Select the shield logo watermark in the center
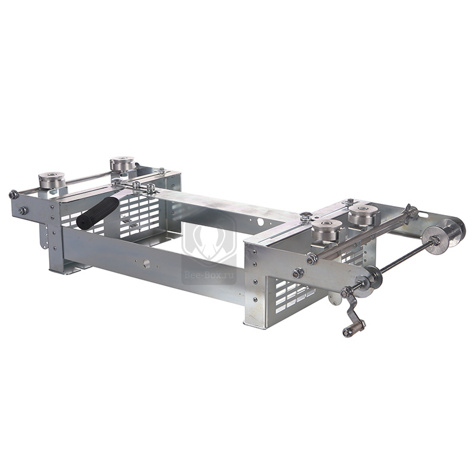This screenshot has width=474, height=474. (209, 239)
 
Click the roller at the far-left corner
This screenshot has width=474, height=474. (52, 180)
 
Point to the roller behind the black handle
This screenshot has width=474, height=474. (122, 164)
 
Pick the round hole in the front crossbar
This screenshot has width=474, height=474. (147, 264)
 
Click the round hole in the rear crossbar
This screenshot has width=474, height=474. (260, 222)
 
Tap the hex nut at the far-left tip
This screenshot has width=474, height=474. (13, 194)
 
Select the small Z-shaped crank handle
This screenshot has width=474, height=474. (354, 314)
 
